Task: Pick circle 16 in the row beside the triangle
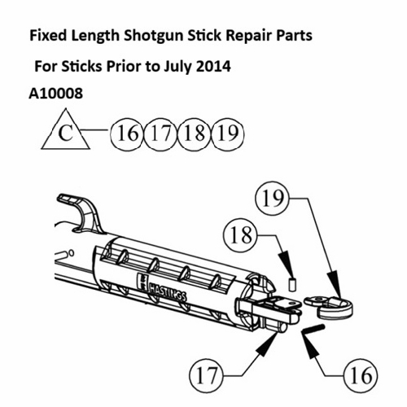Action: coord(125,132)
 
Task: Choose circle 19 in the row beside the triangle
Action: coord(227,132)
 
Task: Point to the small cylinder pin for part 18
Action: coord(291,284)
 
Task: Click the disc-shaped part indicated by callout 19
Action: coord(333,304)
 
